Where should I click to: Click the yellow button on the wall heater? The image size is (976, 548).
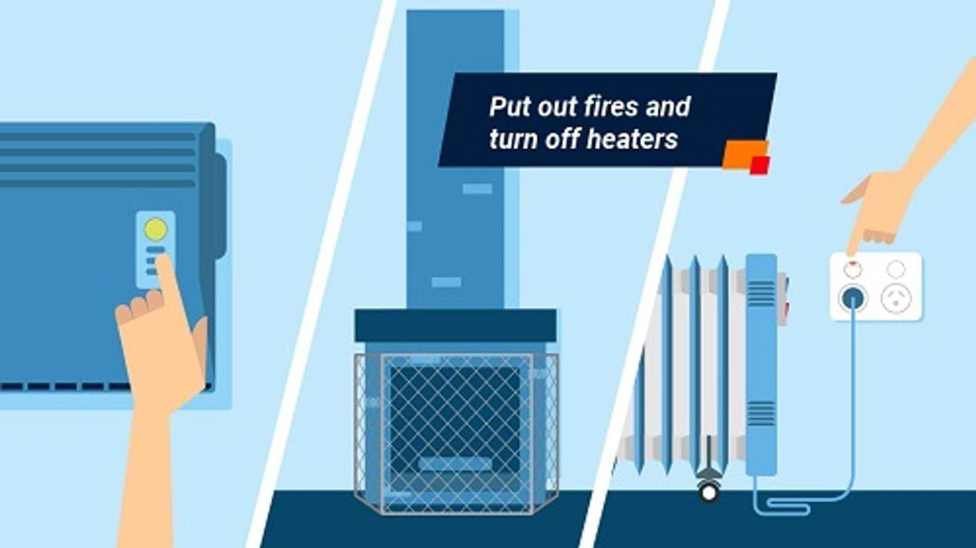pos(155,230)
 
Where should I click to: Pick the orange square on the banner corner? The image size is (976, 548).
pos(741,154)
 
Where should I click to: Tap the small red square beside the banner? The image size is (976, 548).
pos(760,165)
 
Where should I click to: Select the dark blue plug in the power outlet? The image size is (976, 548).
pos(853,298)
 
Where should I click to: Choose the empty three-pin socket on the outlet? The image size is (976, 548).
pos(896,298)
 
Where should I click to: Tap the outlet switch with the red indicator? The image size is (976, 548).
pos(853,269)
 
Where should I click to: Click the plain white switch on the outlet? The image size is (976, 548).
pos(896,269)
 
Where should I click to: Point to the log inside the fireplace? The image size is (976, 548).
pos(455,465)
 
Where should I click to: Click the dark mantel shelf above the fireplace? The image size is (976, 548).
pos(455,325)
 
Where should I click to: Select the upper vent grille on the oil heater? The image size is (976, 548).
pos(761,292)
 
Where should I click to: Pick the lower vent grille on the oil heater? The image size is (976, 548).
pos(761,413)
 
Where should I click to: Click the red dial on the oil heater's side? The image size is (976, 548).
pos(786,308)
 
